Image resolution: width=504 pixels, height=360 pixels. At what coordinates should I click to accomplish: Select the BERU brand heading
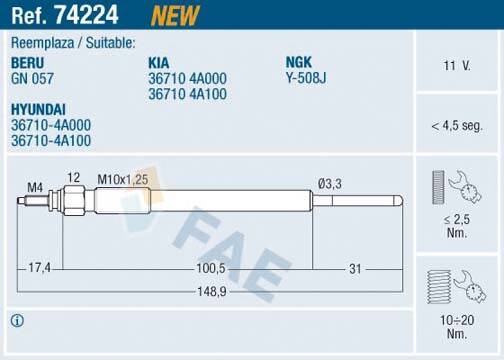(28, 62)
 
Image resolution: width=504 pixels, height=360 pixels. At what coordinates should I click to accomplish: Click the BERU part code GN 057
(32, 77)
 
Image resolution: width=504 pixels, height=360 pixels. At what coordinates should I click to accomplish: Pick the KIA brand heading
(159, 62)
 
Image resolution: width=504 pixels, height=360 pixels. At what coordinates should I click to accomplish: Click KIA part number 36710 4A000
(188, 77)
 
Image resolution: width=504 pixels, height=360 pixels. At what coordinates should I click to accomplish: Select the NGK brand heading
(300, 62)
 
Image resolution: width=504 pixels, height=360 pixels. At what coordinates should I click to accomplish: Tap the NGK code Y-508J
(307, 77)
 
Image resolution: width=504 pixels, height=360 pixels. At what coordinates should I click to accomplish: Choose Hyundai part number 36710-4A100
(50, 141)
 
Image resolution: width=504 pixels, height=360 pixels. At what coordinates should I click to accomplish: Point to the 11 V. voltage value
(457, 65)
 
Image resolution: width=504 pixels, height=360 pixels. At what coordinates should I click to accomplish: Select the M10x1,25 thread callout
(122, 178)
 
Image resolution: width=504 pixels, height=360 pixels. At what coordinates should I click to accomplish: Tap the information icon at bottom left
(16, 321)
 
